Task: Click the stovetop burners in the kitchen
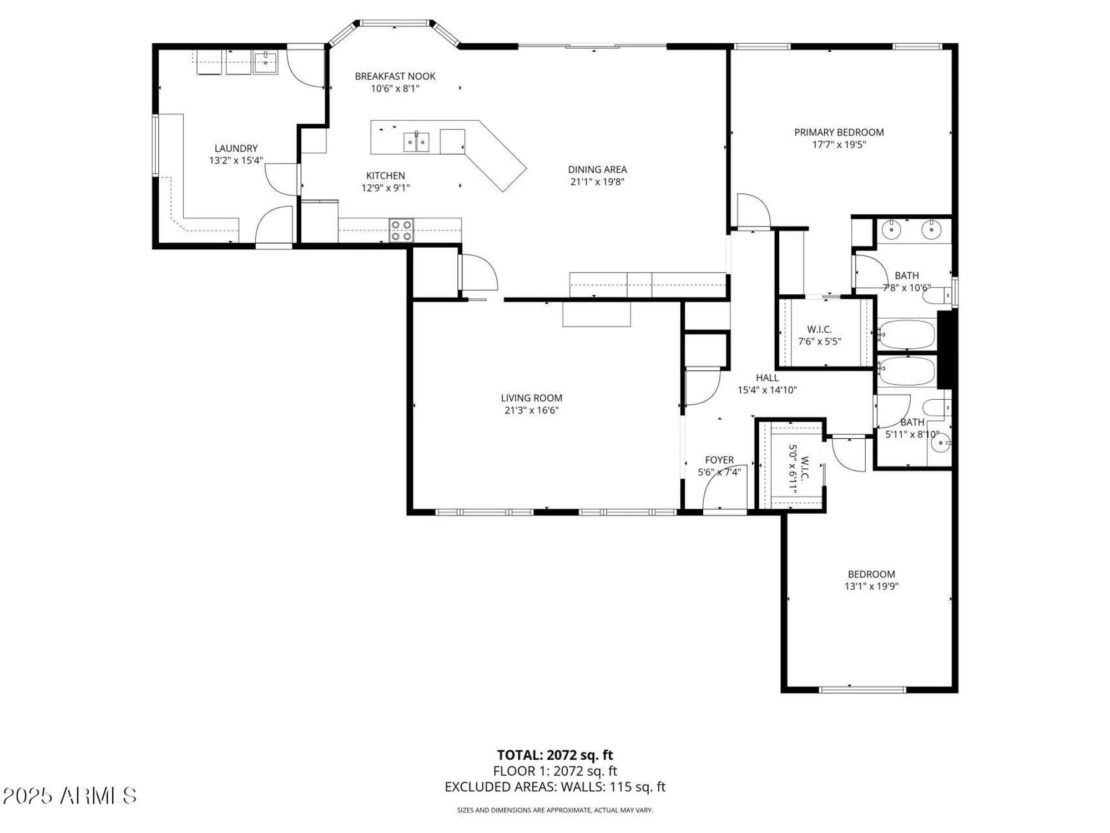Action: click(x=401, y=230)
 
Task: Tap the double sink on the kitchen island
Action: click(x=416, y=142)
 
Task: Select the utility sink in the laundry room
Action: click(x=266, y=62)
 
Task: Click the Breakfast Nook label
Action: click(x=395, y=76)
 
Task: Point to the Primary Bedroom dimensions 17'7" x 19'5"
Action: click(x=839, y=145)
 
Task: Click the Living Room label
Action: click(x=531, y=398)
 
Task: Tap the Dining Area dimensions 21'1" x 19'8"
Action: click(x=597, y=182)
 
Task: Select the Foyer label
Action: click(x=719, y=460)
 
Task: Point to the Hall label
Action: click(x=767, y=378)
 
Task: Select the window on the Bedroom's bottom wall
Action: click(x=862, y=690)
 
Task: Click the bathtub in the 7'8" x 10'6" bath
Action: click(x=906, y=334)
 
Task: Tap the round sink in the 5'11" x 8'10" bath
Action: click(x=941, y=443)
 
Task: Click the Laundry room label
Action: click(x=236, y=148)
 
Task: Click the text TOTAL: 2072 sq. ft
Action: click(x=554, y=755)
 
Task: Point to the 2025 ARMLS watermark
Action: click(x=69, y=796)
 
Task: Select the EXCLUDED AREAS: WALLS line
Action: click(x=554, y=787)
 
